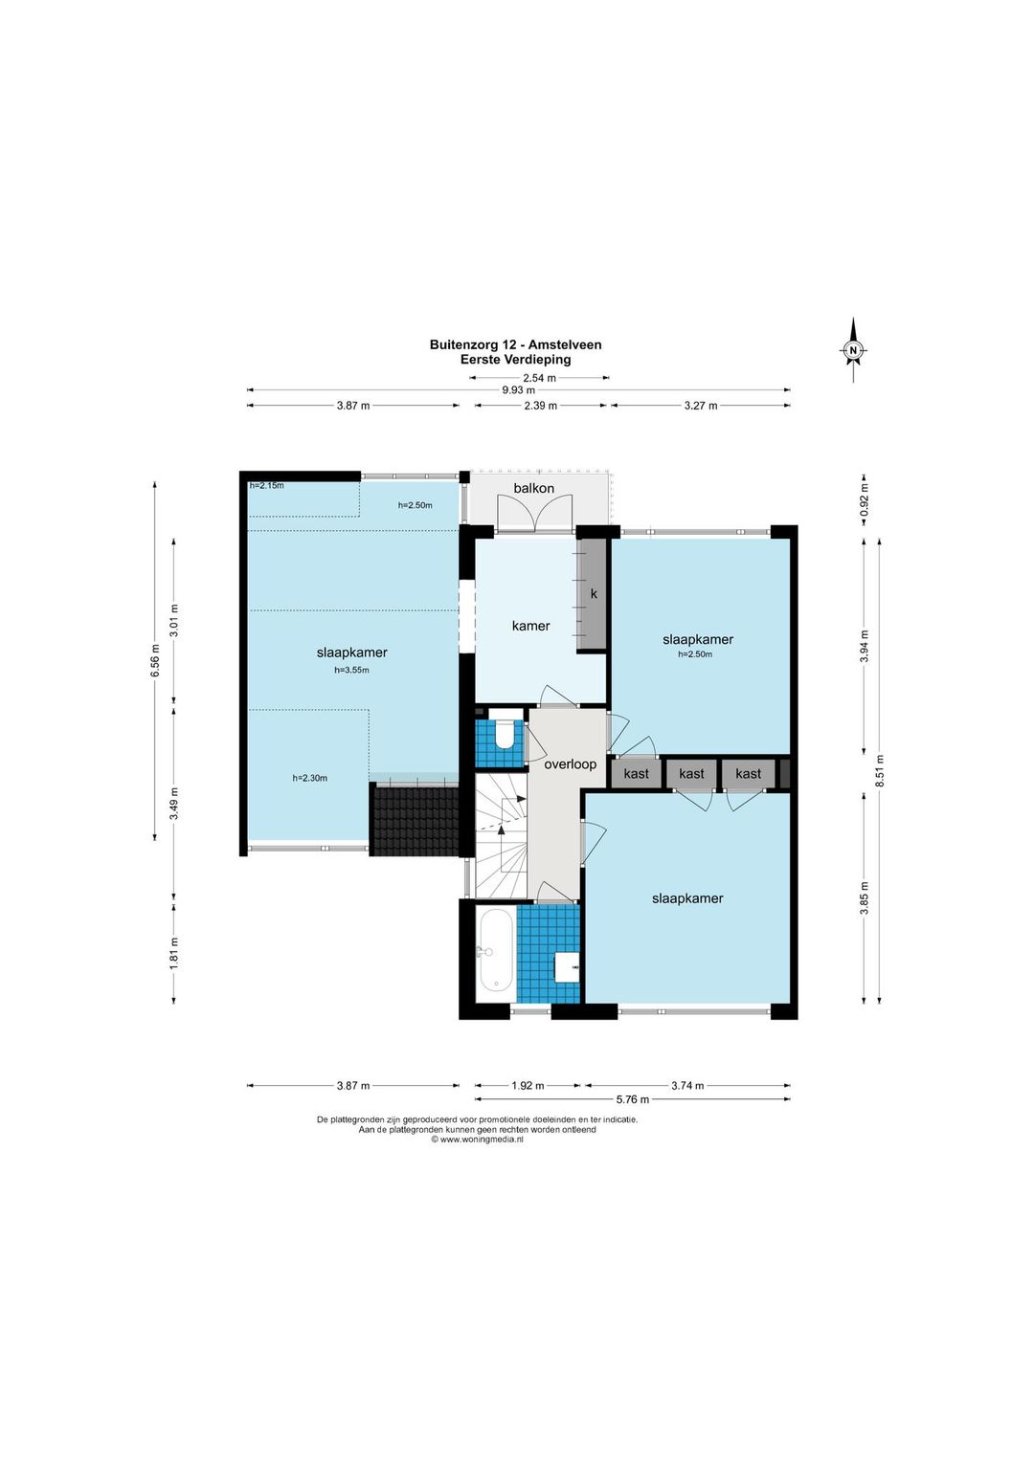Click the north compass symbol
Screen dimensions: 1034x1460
[x=853, y=350]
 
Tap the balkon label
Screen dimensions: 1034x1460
[x=533, y=488]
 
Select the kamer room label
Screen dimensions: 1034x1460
[x=530, y=626]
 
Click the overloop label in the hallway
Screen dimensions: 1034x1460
[x=571, y=764]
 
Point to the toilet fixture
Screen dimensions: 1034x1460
[x=505, y=735]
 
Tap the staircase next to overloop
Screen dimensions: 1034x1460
[x=501, y=835]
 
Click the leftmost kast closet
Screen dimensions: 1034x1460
[x=636, y=774]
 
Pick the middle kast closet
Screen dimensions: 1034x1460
[x=691, y=774]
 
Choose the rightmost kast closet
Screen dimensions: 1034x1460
[x=749, y=774]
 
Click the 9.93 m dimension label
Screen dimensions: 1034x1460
[x=519, y=390]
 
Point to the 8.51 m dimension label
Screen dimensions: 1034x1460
[x=880, y=772]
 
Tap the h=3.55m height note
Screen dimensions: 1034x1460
[x=352, y=670]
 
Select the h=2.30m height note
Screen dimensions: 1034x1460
[x=310, y=778]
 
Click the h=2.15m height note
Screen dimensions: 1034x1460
[x=266, y=485]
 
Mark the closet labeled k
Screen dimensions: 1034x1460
[x=593, y=594]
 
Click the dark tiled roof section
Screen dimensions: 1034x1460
[x=415, y=819]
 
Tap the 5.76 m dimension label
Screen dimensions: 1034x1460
[x=633, y=1099]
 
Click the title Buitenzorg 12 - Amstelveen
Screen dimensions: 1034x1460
[x=515, y=344]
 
